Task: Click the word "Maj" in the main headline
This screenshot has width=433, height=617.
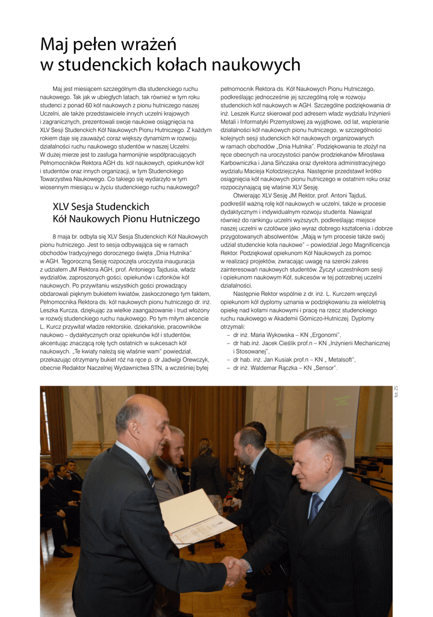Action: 54,45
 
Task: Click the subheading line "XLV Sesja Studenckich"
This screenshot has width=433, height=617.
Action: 101,207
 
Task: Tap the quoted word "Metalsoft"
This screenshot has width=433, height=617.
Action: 340,360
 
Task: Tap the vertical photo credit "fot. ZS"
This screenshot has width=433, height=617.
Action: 396,392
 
